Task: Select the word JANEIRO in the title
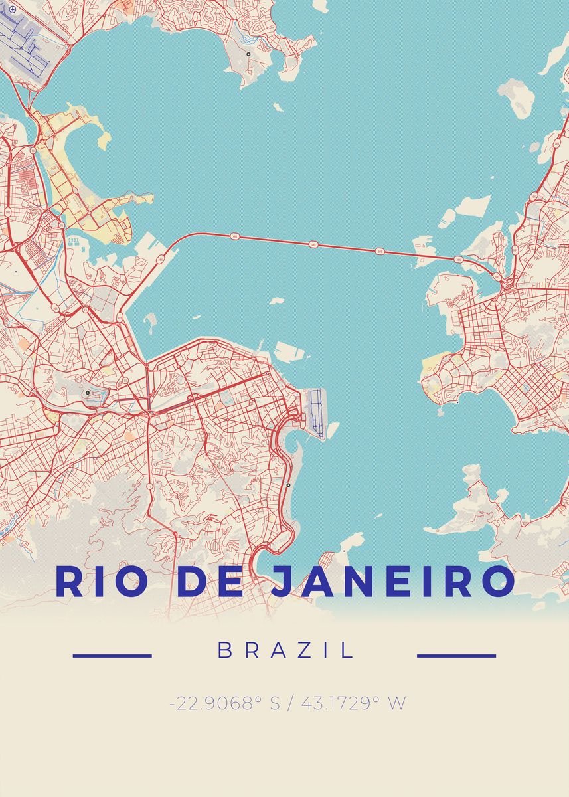point(392,581)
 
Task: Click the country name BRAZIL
point(285,650)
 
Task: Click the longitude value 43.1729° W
point(353,703)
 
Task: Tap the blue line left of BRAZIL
point(112,656)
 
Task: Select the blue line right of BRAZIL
point(456,656)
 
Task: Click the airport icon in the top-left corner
point(12,9)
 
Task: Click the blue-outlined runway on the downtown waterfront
point(316,411)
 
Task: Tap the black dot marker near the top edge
point(248,54)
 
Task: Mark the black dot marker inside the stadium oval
point(87,393)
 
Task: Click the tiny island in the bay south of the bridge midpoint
point(278,301)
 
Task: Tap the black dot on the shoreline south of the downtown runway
point(288,486)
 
